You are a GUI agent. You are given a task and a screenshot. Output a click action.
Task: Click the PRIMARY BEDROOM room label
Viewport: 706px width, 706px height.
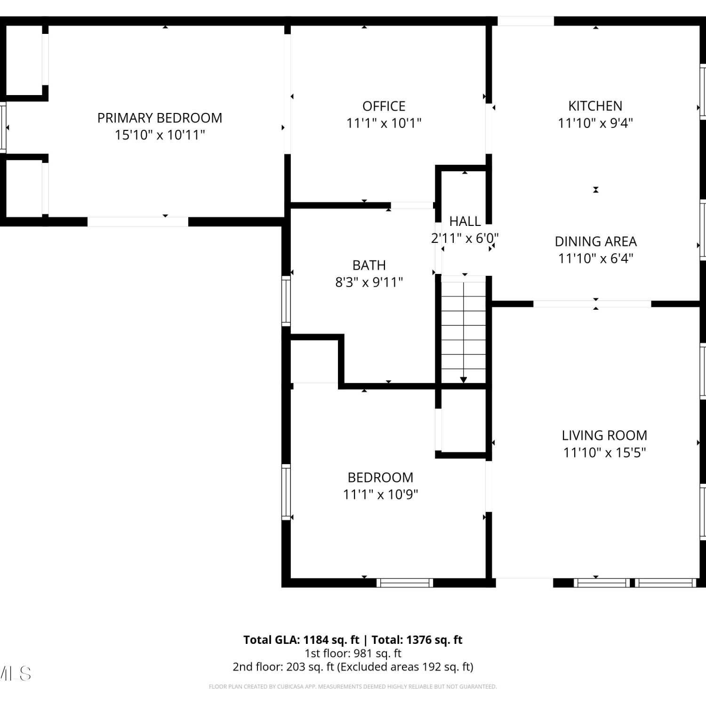click(x=160, y=118)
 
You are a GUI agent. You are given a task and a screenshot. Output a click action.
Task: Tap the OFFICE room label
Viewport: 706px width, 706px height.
click(x=384, y=106)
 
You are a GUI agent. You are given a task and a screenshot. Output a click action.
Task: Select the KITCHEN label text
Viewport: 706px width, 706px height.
click(x=595, y=106)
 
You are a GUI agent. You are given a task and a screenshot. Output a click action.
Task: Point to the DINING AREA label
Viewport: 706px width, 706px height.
click(x=595, y=241)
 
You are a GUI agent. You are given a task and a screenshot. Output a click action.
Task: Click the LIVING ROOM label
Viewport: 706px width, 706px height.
click(x=604, y=435)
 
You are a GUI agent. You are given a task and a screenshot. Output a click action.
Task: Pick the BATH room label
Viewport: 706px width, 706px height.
click(x=369, y=265)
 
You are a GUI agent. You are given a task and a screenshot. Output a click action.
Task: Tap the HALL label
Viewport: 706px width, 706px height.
click(x=465, y=221)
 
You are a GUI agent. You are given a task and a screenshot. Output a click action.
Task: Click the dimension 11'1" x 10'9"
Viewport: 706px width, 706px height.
click(x=380, y=495)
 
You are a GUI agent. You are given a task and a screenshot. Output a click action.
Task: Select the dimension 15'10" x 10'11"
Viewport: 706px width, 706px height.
click(x=160, y=135)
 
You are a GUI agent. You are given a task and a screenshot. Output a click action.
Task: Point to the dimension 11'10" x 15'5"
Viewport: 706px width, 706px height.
click(x=604, y=453)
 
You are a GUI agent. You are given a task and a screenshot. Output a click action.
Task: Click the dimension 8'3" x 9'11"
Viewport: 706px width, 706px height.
click(x=369, y=282)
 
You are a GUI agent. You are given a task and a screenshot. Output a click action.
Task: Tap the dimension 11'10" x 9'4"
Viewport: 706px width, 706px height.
click(x=595, y=123)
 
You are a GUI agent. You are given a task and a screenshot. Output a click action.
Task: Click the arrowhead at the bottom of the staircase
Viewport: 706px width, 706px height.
click(x=464, y=380)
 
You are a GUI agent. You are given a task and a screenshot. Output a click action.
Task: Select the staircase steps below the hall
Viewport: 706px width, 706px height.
click(x=464, y=329)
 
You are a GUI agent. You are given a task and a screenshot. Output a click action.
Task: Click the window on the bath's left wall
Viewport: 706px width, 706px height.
click(x=286, y=301)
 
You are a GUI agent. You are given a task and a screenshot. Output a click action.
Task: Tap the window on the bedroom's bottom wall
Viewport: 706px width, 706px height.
click(x=405, y=583)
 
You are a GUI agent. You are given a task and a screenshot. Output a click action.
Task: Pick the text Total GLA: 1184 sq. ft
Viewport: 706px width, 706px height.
click(x=301, y=640)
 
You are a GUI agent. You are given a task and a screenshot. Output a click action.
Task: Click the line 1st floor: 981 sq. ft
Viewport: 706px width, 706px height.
click(x=353, y=653)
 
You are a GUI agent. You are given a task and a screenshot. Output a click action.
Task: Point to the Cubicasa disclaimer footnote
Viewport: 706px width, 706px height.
click(x=353, y=687)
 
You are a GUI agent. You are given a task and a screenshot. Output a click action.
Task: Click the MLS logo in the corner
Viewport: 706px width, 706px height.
click(x=16, y=674)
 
